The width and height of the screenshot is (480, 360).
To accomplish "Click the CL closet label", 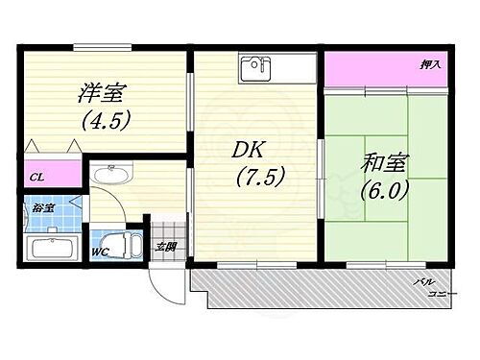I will coord(36,177).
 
